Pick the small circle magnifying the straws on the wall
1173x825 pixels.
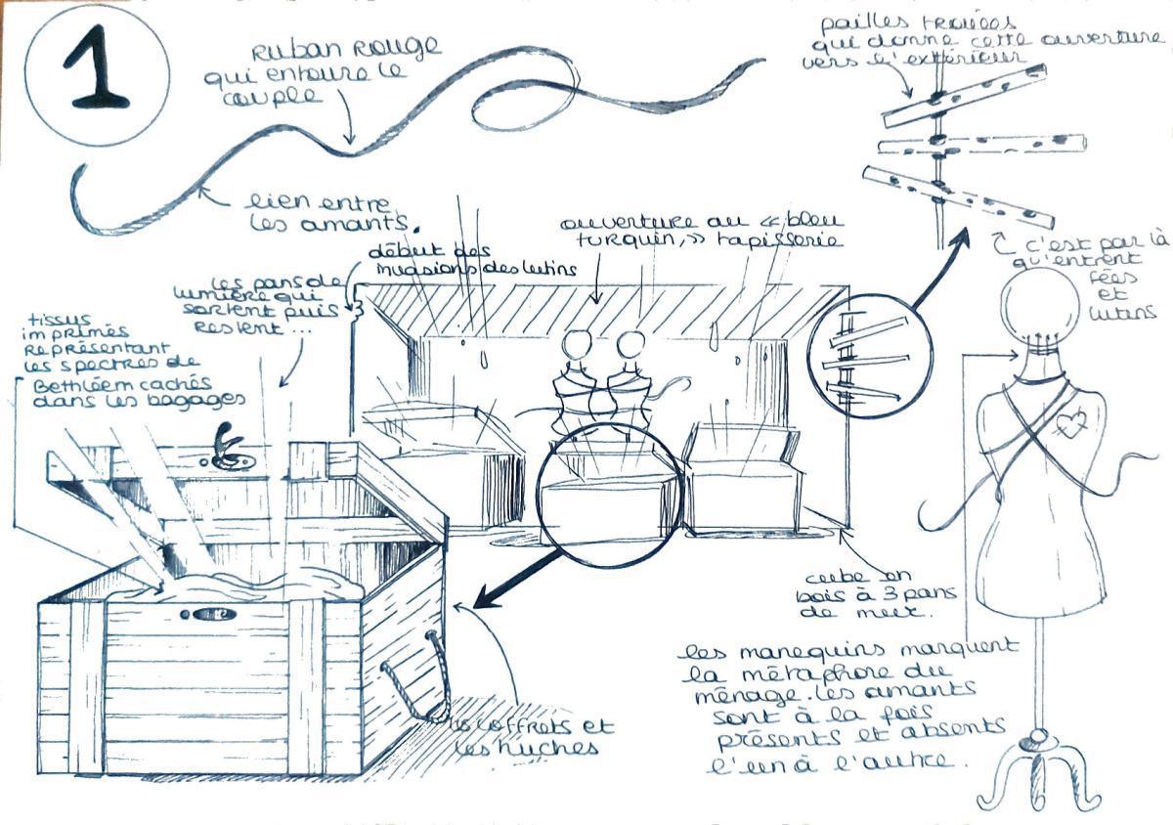pyautogui.click(x=869, y=349)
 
